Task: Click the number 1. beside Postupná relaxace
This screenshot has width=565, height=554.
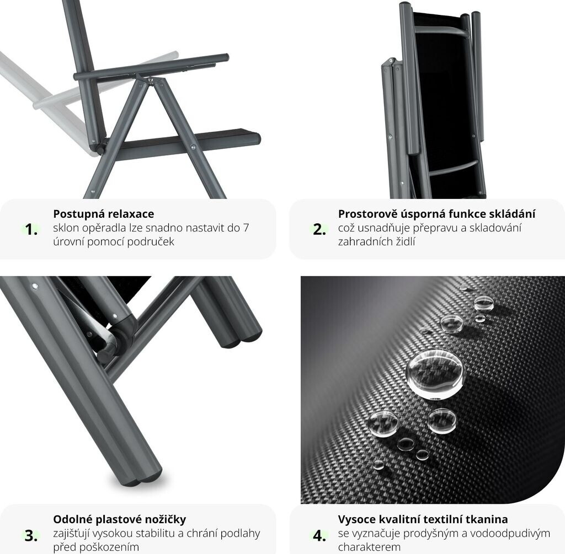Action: click(x=31, y=229)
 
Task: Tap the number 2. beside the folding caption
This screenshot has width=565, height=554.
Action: click(x=319, y=229)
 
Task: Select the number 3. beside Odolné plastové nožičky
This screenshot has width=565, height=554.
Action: click(x=31, y=535)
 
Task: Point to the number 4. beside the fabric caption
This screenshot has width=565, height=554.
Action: click(x=319, y=535)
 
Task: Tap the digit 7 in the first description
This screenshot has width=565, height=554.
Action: click(x=246, y=228)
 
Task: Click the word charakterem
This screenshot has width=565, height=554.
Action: click(x=369, y=547)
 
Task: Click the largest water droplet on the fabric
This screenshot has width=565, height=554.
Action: click(x=435, y=374)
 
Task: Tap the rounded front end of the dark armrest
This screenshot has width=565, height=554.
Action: click(x=225, y=57)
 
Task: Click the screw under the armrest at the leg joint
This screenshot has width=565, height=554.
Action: click(x=150, y=81)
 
